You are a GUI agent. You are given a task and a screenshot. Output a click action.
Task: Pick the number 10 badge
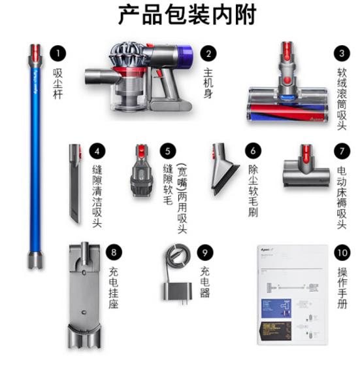tap(341, 251)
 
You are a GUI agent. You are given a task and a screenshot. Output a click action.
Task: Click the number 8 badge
tap(114, 251)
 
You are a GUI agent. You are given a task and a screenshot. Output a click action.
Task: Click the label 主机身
tap(208, 82)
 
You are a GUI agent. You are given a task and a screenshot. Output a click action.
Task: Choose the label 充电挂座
tap(114, 287)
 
